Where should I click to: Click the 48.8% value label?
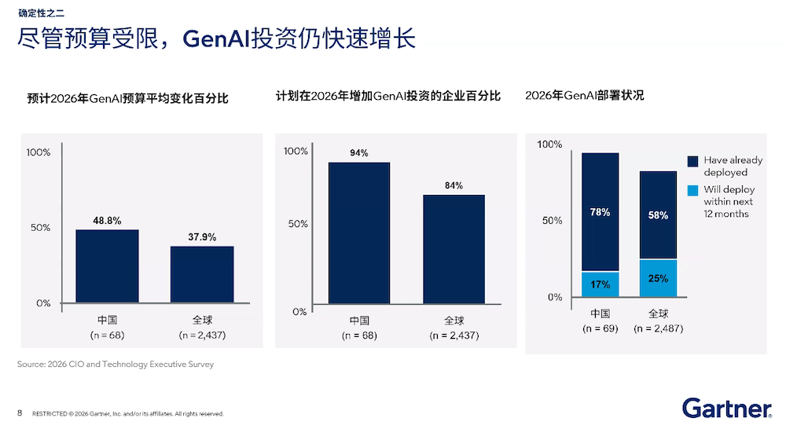tap(107, 221)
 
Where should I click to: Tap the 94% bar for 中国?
tap(359, 236)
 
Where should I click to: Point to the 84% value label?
tap(454, 185)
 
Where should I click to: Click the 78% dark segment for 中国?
tap(601, 211)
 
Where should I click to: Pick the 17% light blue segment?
tap(601, 284)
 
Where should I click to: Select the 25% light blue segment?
tap(658, 278)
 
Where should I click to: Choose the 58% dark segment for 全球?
tap(658, 214)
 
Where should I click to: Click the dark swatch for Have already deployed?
tap(692, 160)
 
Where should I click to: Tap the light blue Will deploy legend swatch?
tap(692, 190)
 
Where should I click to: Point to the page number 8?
tap(20, 413)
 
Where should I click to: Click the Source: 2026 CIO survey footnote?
tap(116, 365)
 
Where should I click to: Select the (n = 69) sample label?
tap(601, 328)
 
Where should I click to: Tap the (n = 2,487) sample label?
tap(659, 328)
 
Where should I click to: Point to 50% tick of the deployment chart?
tap(552, 221)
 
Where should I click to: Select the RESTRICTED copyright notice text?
tap(128, 414)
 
